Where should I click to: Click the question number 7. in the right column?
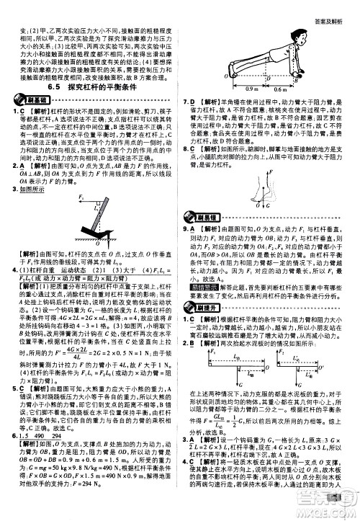point(186,103)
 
